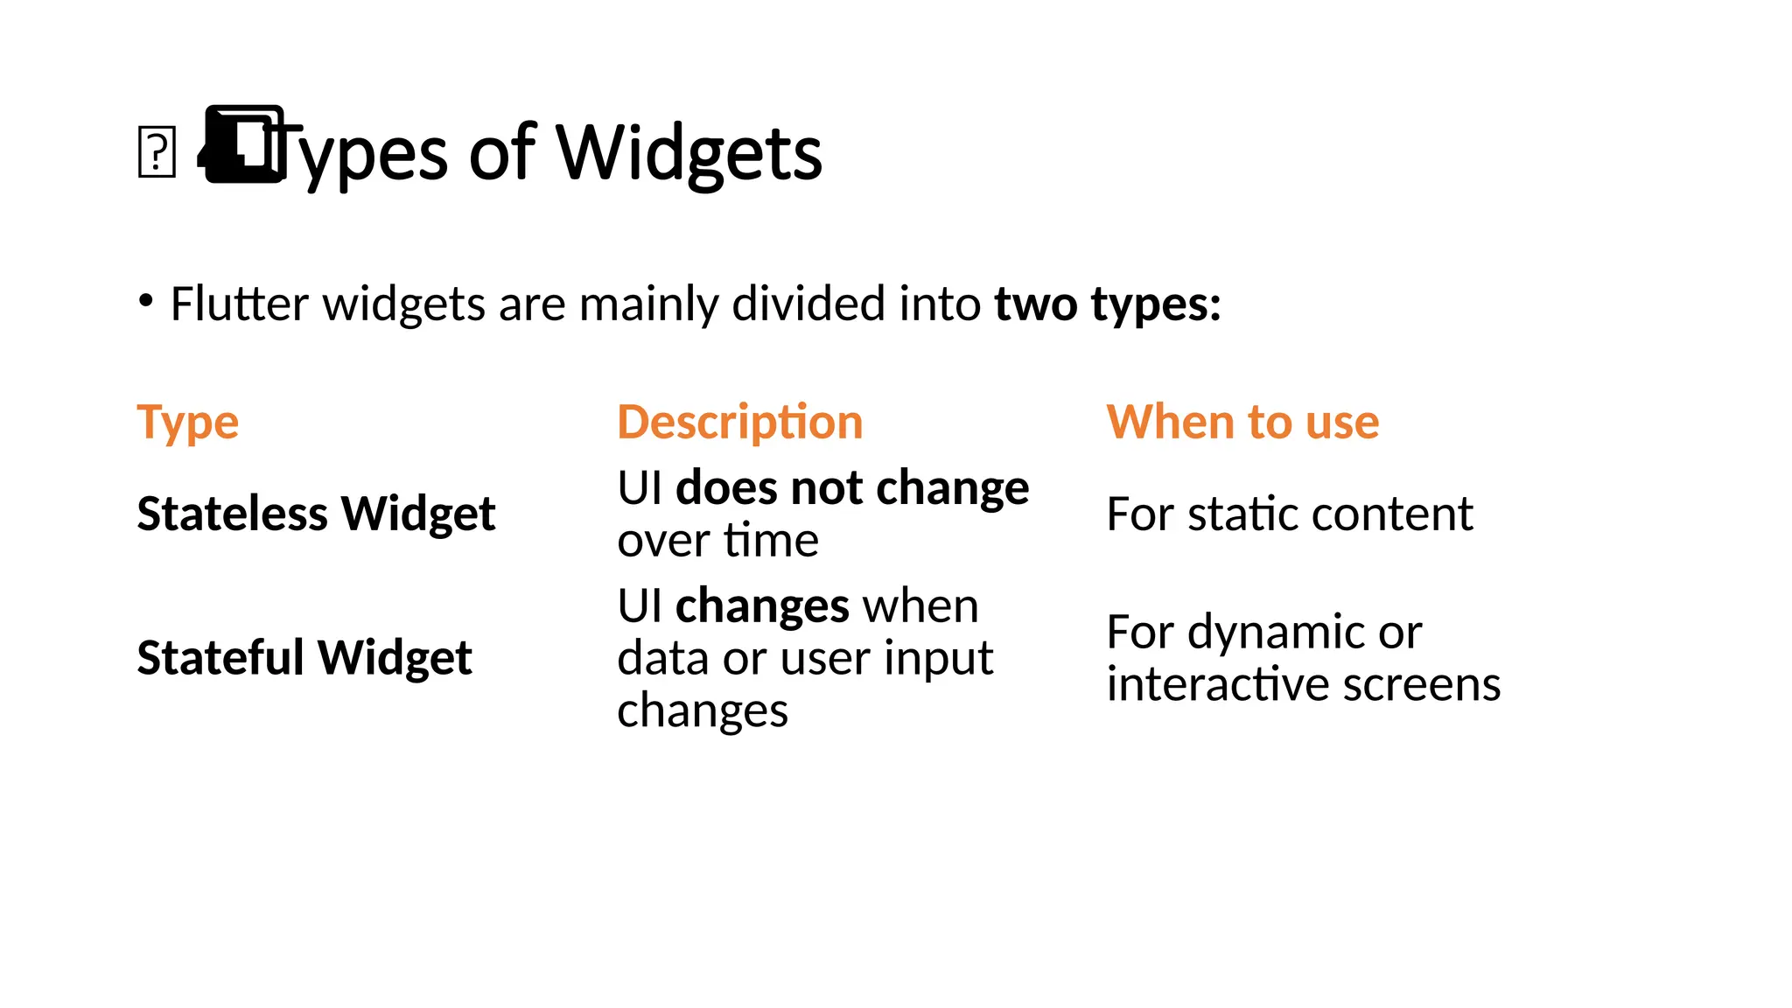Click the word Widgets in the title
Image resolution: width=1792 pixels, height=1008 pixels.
coord(689,153)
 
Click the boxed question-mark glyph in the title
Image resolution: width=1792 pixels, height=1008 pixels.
coord(157,152)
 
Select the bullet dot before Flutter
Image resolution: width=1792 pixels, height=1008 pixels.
coord(146,301)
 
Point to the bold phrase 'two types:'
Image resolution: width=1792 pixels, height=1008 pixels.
coord(1107,304)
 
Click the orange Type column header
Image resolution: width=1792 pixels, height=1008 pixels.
coord(187,423)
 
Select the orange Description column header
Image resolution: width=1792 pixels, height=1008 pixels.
coord(739,423)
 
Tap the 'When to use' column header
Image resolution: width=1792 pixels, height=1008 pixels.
coord(1242,423)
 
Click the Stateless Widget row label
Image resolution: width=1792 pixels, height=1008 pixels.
coord(316,514)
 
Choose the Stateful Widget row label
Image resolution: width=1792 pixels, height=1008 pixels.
coord(304,658)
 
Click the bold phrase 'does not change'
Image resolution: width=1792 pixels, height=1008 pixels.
coord(852,487)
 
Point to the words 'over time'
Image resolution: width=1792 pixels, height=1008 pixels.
coord(717,540)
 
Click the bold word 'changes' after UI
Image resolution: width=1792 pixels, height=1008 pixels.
coord(762,605)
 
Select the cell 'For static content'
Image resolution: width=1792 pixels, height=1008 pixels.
coord(1289,514)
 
